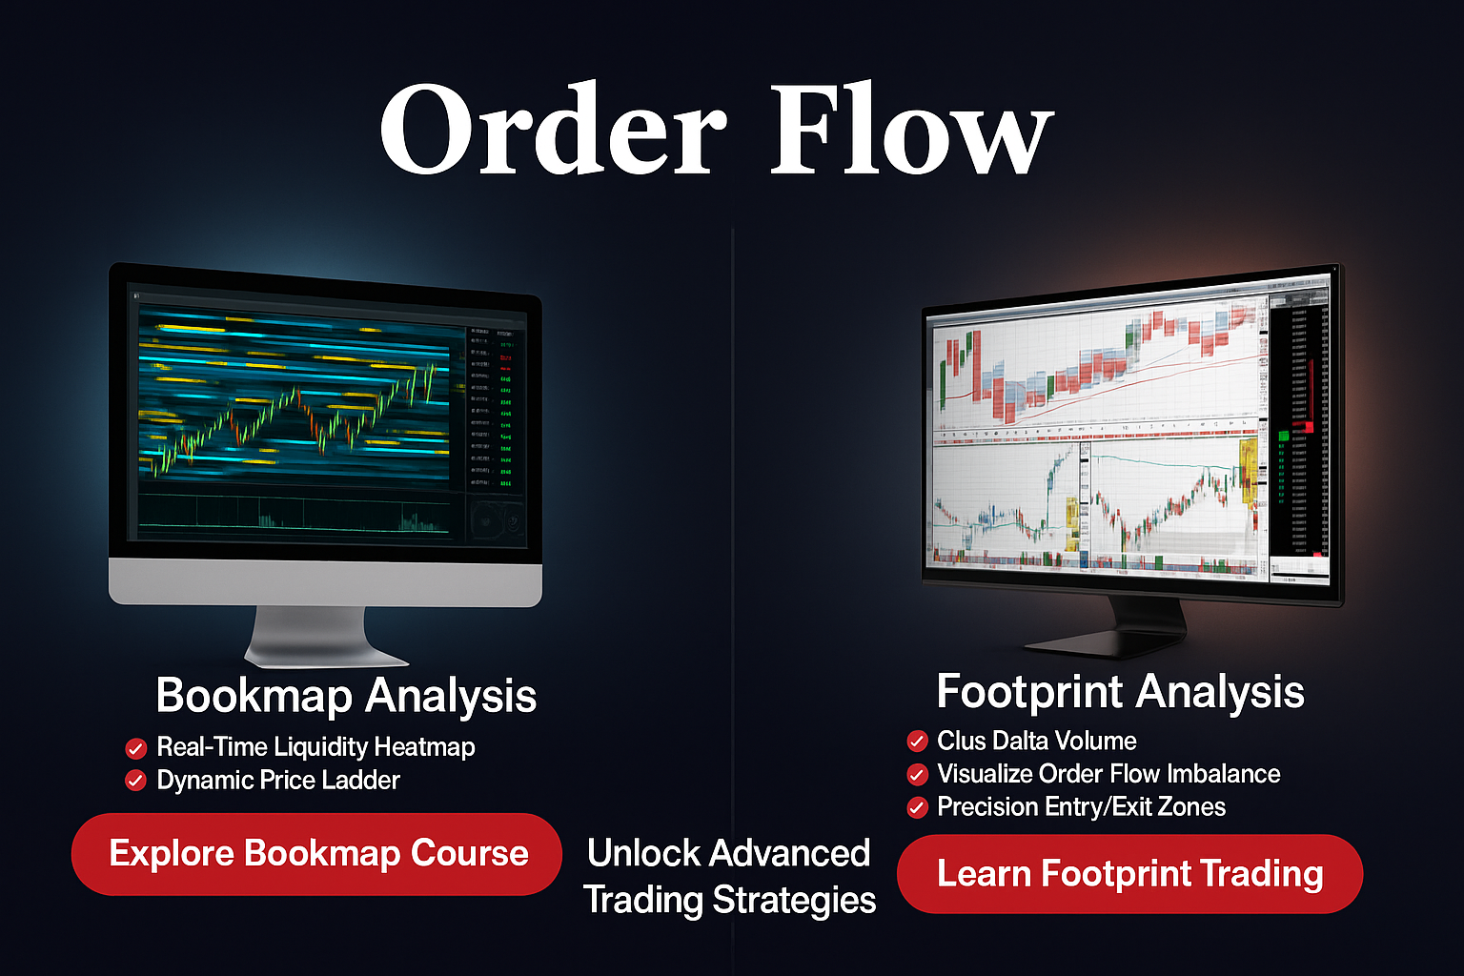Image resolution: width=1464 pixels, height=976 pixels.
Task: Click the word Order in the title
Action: click(x=553, y=129)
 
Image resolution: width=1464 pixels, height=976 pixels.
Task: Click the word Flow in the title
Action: click(x=910, y=129)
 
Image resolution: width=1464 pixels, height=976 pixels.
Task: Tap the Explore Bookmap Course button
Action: click(x=316, y=854)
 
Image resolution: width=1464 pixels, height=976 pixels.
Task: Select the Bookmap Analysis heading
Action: click(x=346, y=696)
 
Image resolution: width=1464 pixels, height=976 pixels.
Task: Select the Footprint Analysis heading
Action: click(x=1120, y=692)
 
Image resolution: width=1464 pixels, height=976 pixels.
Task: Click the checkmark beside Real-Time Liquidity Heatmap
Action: click(x=136, y=748)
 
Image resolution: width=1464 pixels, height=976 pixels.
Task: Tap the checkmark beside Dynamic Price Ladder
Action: click(x=136, y=782)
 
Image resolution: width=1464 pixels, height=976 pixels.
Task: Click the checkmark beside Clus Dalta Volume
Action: click(x=917, y=742)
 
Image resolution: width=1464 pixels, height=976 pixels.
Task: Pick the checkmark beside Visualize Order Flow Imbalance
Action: click(x=917, y=774)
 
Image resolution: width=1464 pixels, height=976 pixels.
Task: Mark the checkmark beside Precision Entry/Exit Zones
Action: click(x=917, y=808)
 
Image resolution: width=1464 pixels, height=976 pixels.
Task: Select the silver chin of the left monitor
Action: click(x=324, y=581)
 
